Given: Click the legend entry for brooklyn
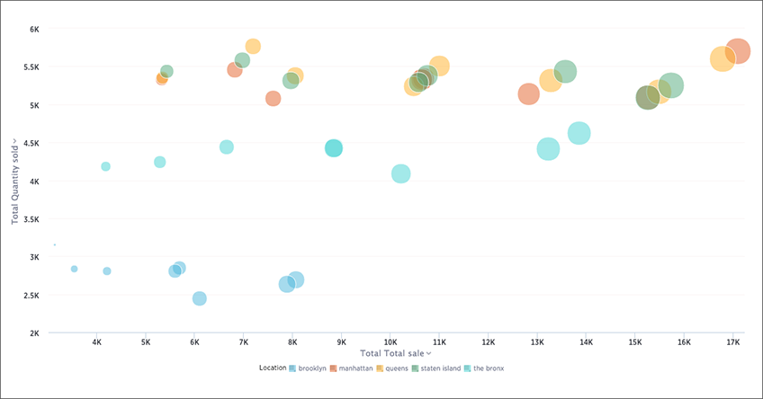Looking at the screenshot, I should [310, 368].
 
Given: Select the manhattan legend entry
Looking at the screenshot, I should [354, 368].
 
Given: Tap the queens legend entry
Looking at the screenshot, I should [395, 368].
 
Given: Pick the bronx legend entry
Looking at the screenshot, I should [487, 368].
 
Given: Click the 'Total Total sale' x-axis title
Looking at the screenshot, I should [394, 353].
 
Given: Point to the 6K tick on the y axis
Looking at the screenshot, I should [32, 29].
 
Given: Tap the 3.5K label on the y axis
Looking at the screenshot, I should [31, 218].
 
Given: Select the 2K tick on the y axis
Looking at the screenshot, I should [32, 333].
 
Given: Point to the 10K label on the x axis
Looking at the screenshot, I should [390, 342].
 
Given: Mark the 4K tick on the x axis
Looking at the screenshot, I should [97, 342].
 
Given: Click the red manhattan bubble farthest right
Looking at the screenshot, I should [737, 51].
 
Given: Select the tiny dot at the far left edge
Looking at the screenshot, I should [55, 244].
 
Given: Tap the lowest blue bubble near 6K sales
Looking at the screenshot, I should [200, 298].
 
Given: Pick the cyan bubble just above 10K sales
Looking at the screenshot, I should [401, 173].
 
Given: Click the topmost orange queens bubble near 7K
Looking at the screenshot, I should [253, 46].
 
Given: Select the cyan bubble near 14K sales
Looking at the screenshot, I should [579, 133].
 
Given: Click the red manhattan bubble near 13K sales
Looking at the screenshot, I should [529, 93].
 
